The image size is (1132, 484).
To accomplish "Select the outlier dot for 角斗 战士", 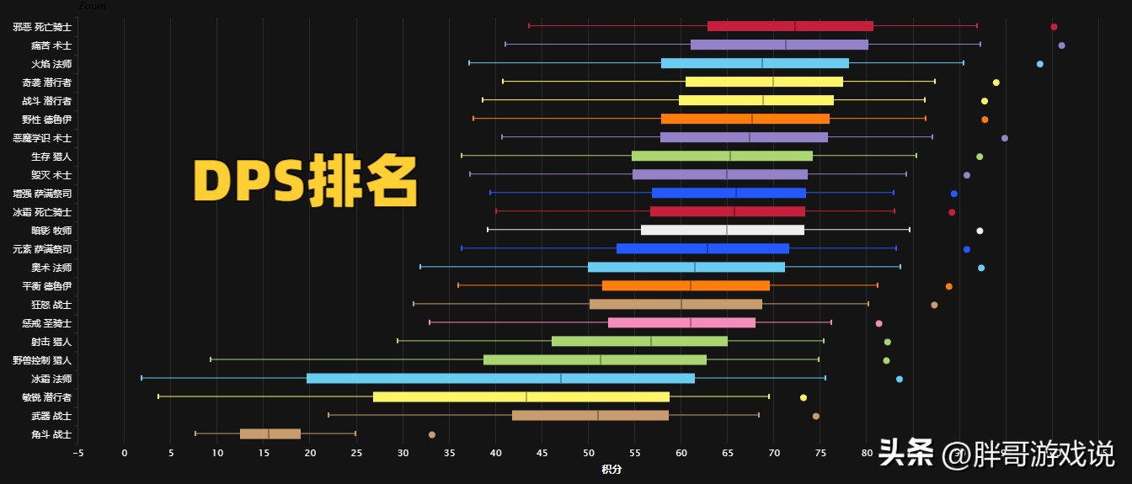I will coord(432,434).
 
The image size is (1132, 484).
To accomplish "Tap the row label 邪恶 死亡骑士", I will coord(42,27).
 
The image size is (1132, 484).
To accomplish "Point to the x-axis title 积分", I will coord(611,469).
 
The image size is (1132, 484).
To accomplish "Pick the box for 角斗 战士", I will coord(270,434).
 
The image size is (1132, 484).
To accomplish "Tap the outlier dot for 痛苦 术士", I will coord(1061,45).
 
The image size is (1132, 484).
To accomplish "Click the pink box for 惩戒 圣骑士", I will coord(681,323).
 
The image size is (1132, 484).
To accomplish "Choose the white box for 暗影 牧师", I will coord(722,231).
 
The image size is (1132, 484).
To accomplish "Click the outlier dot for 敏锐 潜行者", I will coord(803,397).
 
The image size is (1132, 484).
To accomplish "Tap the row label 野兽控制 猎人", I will coord(42,360).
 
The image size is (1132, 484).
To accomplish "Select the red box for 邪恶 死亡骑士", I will coord(790,27).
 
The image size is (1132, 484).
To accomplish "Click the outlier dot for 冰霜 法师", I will coord(900,379).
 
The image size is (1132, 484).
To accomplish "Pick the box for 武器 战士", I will coord(590,416).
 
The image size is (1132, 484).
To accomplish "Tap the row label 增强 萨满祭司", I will coord(42,194).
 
